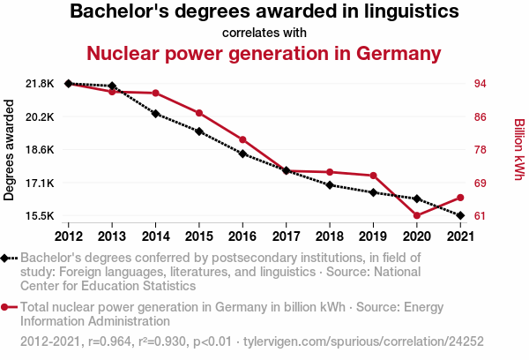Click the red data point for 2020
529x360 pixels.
click(x=416, y=215)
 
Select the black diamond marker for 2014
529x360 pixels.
click(x=155, y=114)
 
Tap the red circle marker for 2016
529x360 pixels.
click(x=242, y=139)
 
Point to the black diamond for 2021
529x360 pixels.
click(x=460, y=215)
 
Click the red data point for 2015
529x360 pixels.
click(x=199, y=113)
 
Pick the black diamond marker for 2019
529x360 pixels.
click(x=373, y=192)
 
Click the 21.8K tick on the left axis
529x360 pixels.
click(x=41, y=84)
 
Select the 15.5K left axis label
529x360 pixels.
click(x=41, y=216)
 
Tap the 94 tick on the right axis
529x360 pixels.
click(x=481, y=84)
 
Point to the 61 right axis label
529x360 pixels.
click(x=481, y=216)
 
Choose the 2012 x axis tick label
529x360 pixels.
click(x=69, y=236)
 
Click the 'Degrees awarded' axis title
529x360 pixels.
click(x=10, y=149)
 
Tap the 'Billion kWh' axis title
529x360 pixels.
click(x=519, y=150)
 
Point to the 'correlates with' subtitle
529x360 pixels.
click(x=264, y=33)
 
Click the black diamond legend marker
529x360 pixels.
click(x=6, y=258)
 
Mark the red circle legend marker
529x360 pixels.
click(x=6, y=307)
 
